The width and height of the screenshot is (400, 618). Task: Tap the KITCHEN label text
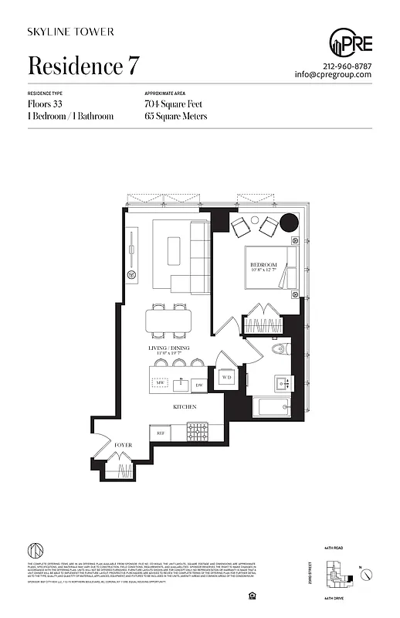[x=184, y=407]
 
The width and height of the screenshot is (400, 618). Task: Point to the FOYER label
[x=124, y=446]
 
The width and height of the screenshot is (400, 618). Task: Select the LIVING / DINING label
[x=169, y=350]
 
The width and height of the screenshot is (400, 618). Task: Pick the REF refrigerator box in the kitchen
[x=161, y=433]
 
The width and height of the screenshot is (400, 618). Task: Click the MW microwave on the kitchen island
[x=161, y=382]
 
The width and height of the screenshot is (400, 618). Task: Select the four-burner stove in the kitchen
[x=198, y=430]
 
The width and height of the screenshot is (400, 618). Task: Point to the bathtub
[x=272, y=407]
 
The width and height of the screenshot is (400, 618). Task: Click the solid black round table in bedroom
[x=288, y=222]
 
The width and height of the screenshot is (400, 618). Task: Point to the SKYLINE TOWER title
[x=71, y=32]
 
